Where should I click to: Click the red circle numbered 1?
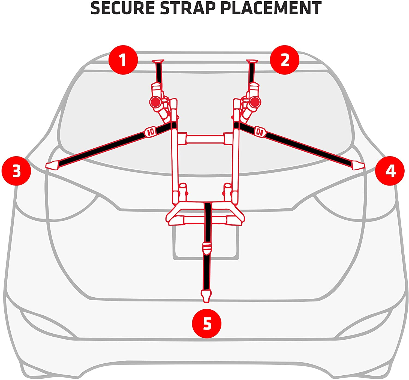click(123, 60)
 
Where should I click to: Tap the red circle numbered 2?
click(284, 60)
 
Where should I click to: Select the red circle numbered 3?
click(16, 171)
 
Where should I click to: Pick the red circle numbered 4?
click(390, 171)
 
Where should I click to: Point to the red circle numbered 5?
click(207, 323)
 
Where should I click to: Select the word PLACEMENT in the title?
click(271, 8)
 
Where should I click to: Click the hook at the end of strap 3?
click(52, 165)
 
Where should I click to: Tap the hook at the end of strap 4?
click(358, 165)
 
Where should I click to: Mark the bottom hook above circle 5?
click(206, 296)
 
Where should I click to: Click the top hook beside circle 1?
click(158, 62)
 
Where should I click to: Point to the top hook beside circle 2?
click(252, 62)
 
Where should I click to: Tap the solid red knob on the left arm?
click(155, 102)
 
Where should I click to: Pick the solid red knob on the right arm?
click(255, 102)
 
